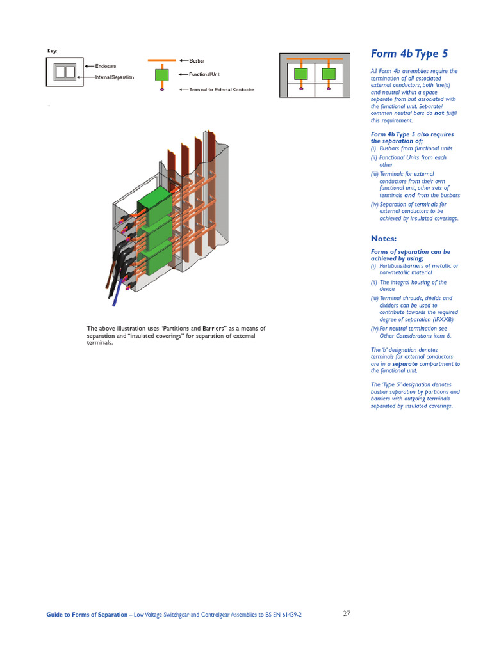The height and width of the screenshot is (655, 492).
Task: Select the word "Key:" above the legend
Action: [53, 51]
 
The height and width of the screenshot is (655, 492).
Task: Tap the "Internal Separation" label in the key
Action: [115, 77]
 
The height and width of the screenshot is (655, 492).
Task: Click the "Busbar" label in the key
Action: [197, 61]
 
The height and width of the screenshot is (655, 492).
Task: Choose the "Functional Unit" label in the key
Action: [204, 74]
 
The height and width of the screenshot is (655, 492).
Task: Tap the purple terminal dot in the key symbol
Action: [161, 90]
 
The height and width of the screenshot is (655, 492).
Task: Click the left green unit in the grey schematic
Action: [300, 75]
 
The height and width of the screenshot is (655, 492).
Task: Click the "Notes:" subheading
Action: [384, 239]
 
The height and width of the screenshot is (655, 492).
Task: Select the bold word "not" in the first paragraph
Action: [439, 113]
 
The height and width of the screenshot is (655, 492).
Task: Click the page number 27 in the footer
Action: [347, 613]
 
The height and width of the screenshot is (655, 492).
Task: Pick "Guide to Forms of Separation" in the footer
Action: [88, 615]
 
